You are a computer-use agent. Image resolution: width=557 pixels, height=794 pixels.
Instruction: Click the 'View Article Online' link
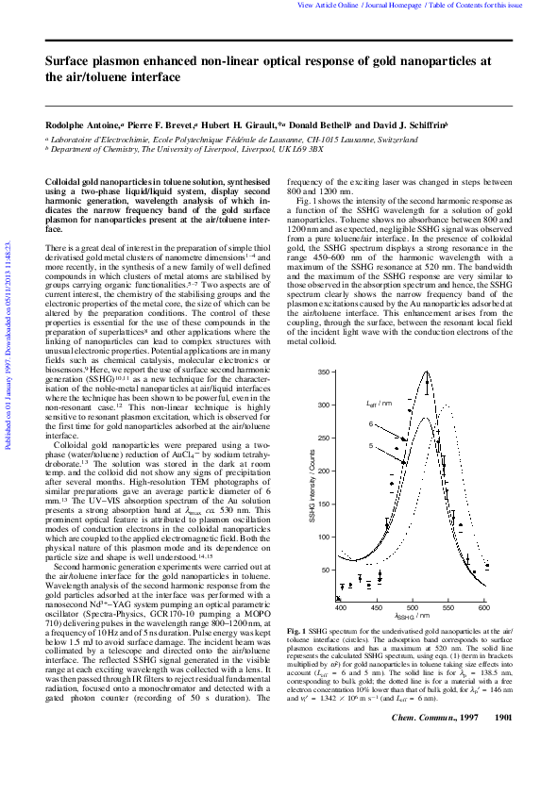point(328,6)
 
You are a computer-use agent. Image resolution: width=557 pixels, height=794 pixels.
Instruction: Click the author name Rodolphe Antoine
point(82,125)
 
